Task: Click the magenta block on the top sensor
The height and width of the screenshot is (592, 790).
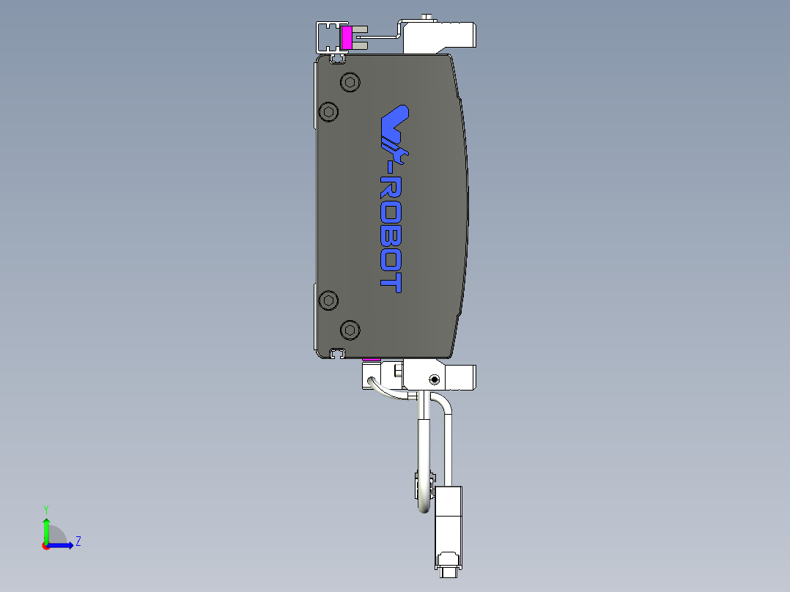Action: click(347, 37)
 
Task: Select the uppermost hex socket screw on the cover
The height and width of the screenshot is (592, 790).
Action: click(350, 83)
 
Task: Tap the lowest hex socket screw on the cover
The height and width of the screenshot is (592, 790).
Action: click(350, 330)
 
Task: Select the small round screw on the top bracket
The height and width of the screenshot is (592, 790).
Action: click(426, 16)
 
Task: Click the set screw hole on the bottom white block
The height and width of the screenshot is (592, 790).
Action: click(435, 380)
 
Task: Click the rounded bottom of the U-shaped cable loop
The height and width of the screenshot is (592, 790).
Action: click(424, 506)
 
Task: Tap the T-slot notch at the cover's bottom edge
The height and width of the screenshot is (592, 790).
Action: click(338, 354)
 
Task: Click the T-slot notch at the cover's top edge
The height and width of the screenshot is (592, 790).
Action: click(338, 57)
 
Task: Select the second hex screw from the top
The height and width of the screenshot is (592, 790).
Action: click(329, 112)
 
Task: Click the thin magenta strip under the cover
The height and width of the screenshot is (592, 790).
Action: click(372, 360)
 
